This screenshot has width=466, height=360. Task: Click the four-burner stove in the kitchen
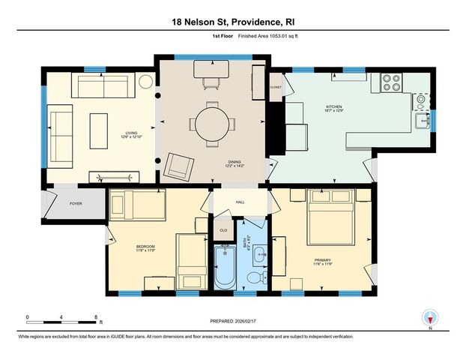(x=393, y=82)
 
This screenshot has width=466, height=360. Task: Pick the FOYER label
(x=76, y=203)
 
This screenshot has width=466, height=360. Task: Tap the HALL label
(x=240, y=202)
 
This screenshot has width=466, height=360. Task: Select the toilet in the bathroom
(x=254, y=278)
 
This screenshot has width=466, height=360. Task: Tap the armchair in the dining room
(x=178, y=164)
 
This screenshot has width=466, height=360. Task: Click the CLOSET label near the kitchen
(x=276, y=87)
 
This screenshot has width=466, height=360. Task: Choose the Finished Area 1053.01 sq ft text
(x=260, y=33)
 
